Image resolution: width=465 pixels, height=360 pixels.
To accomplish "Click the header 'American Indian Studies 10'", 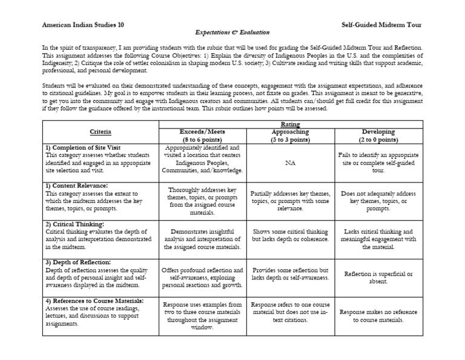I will [x=83, y=25].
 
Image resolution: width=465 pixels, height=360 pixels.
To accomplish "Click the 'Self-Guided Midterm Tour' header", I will [x=381, y=25].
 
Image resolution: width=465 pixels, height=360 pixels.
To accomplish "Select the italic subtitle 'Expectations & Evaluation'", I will [x=232, y=32].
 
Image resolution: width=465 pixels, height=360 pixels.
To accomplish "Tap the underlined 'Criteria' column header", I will [x=101, y=132].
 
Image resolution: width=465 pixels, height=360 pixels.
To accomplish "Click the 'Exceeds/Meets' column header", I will [x=203, y=131].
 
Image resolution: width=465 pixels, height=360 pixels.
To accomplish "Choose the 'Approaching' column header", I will [x=291, y=131].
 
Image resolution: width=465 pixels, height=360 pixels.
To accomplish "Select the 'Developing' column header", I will [x=378, y=131].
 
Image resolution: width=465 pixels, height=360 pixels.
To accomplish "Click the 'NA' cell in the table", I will [x=291, y=162].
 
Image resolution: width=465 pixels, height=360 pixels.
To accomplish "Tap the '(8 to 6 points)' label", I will [x=203, y=139].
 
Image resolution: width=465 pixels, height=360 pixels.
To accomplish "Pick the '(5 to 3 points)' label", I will [x=291, y=139].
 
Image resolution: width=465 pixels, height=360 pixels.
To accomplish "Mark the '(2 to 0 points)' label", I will [x=378, y=139].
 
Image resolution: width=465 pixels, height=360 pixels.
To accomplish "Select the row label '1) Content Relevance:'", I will [x=76, y=185].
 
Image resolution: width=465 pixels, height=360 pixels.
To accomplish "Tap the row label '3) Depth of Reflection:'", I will [x=78, y=262].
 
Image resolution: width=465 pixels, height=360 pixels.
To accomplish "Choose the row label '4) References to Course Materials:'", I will [x=94, y=301].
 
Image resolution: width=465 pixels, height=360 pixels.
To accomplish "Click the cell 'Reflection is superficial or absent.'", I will [x=378, y=277].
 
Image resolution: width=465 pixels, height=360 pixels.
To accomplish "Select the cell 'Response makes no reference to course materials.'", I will [x=378, y=315].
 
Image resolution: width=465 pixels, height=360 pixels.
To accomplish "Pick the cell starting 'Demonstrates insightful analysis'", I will [x=203, y=239].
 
